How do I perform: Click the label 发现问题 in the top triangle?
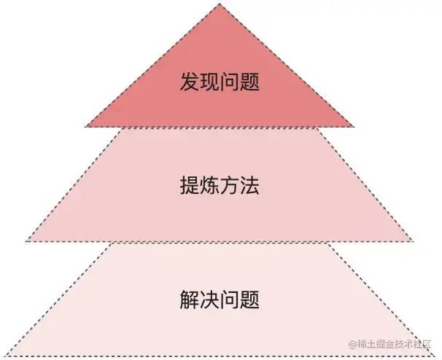click(220, 81)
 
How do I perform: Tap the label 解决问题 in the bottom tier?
click(220, 300)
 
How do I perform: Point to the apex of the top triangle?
click(220, 4)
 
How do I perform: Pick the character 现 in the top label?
click(210, 81)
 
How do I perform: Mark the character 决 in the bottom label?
click(210, 300)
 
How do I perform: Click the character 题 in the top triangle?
click(250, 81)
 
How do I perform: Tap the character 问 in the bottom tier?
click(230, 300)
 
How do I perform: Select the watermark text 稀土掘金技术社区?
click(395, 343)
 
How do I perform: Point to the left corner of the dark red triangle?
click(86, 127)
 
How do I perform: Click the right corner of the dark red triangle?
click(354, 127)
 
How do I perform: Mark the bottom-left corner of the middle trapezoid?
click(26, 241)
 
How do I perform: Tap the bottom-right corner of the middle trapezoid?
click(414, 241)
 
